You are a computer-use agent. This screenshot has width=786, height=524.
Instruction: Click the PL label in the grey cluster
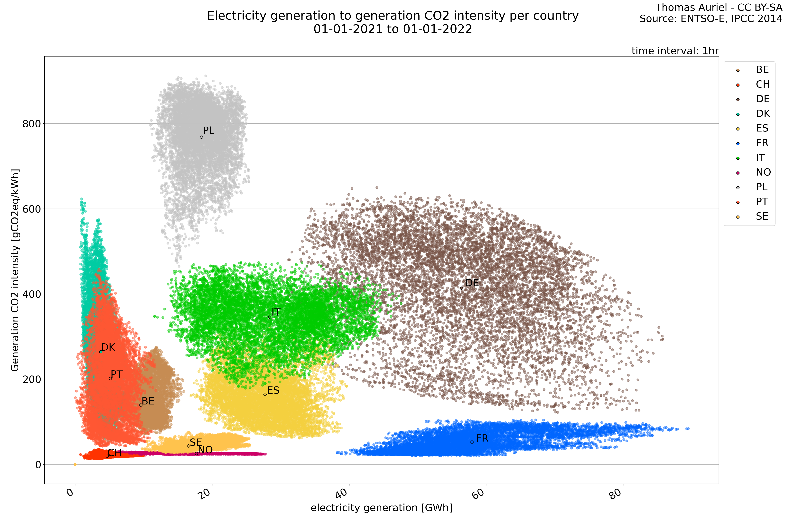click(x=208, y=131)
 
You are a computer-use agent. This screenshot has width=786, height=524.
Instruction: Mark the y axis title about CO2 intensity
click(x=15, y=270)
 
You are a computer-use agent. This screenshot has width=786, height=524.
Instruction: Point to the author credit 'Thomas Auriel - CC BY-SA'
click(x=719, y=7)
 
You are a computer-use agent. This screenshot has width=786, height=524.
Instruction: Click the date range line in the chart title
click(x=393, y=29)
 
